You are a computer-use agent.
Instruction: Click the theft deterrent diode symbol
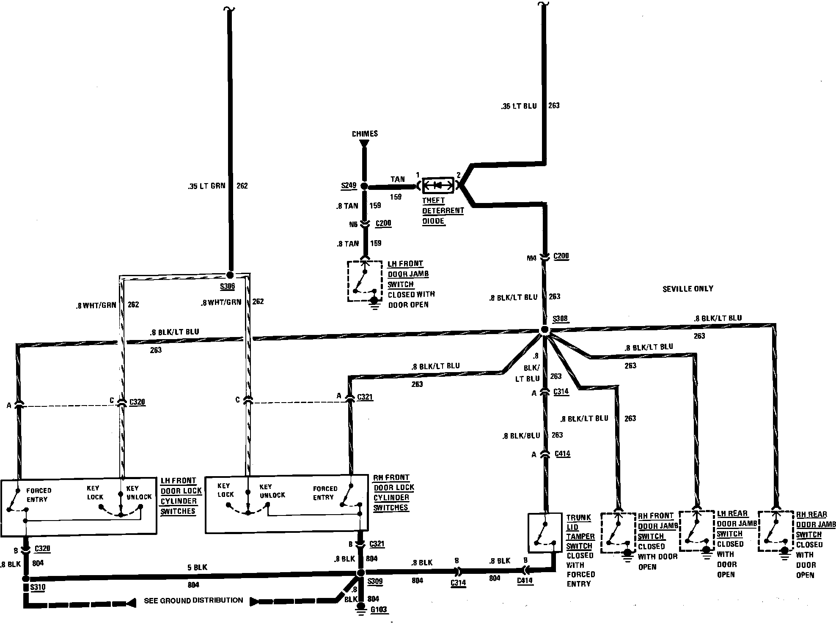point(438,185)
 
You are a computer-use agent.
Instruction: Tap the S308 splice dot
point(545,329)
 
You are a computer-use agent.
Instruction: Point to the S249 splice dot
point(364,186)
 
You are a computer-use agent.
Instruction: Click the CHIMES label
point(365,134)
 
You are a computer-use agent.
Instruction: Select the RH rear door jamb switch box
point(775,531)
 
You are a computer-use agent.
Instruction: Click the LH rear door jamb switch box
point(697,530)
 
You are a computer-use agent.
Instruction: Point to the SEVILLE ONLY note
point(687,289)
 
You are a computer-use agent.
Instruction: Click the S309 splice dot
point(360,573)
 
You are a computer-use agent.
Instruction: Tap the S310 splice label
point(38,587)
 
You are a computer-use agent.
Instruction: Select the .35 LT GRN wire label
point(207,186)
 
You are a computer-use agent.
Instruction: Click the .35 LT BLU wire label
point(519,106)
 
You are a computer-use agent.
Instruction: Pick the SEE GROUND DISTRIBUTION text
point(193,600)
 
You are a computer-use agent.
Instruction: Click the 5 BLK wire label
point(198,567)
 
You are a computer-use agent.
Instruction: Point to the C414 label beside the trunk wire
point(562,454)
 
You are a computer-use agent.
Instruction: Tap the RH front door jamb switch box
point(618,532)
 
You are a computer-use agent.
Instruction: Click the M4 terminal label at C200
point(531,258)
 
